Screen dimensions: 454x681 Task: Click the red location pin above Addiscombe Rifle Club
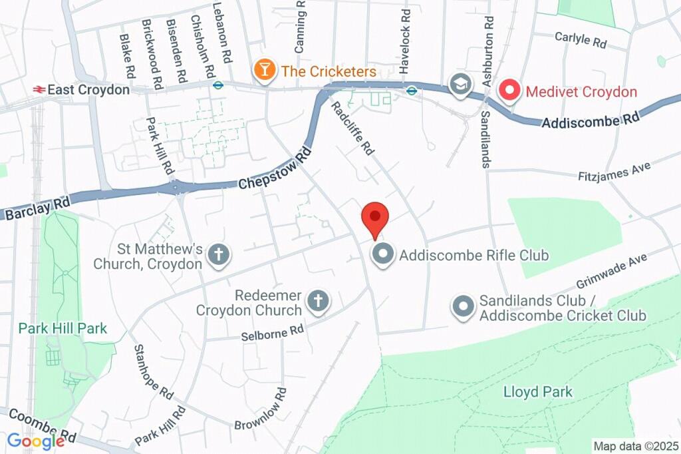374,217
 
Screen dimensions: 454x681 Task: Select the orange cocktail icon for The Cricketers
265,71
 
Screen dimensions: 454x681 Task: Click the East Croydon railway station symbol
39,89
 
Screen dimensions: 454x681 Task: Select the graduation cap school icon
458,84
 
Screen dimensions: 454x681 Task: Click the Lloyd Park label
538,391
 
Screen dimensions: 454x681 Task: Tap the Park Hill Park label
63,328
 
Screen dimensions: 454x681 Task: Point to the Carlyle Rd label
581,39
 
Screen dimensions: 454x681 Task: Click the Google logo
36,441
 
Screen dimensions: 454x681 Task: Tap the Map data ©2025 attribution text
636,446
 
